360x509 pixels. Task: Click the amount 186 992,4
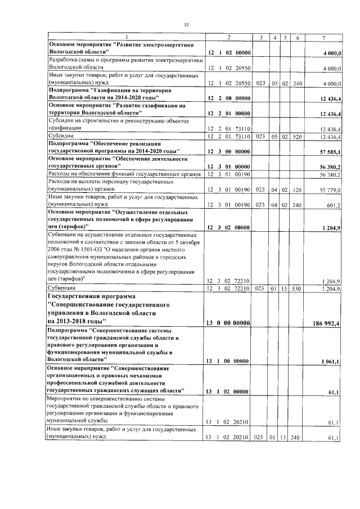(x=325, y=321)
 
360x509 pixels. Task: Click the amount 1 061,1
(x=330, y=361)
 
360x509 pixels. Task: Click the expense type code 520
(x=298, y=137)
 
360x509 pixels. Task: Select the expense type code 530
(x=298, y=289)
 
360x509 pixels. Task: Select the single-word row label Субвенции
(x=64, y=289)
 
